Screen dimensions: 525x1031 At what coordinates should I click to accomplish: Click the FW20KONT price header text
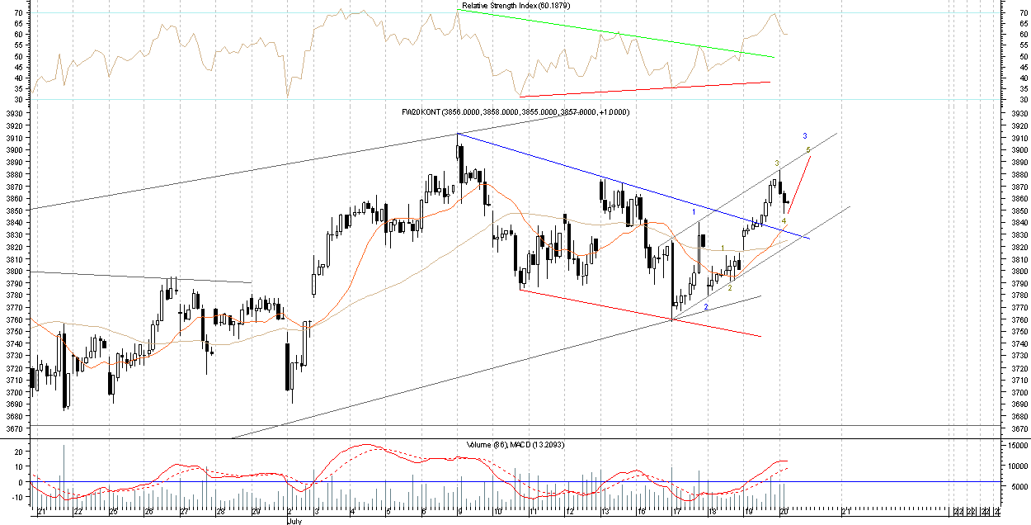515,111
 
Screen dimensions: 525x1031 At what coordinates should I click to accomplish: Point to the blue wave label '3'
805,135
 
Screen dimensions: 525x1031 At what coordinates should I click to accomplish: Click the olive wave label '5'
808,149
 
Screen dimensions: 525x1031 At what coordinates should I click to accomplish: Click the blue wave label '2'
706,307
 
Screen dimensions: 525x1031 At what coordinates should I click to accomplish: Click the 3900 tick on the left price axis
16,150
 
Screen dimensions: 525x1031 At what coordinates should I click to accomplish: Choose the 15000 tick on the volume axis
1015,446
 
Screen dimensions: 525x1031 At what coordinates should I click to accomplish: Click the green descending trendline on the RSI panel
619,34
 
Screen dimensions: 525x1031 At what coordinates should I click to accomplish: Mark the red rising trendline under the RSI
643,89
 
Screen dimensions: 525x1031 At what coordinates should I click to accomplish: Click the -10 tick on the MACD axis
16,498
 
